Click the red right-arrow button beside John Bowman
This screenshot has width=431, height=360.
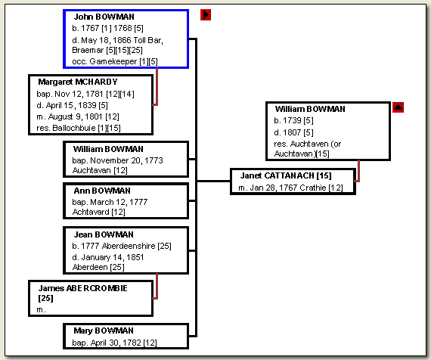coord(206,15)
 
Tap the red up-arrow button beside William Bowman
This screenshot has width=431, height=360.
coord(398,107)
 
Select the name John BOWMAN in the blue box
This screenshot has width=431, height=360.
coord(104,17)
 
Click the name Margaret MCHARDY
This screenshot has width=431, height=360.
coord(78,82)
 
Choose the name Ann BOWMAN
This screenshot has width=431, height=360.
coord(102,191)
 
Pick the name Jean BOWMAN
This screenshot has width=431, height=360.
coord(104,234)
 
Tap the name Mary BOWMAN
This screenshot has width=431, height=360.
coord(104,331)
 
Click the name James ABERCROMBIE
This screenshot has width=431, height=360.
coord(82,288)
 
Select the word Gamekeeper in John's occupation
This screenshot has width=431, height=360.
coord(113,61)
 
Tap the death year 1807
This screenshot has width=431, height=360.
coord(292,132)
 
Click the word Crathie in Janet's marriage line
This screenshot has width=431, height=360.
coord(313,188)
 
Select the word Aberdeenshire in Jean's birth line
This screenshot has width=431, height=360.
coord(129,246)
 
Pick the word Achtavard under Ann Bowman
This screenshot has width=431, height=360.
coord(91,212)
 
